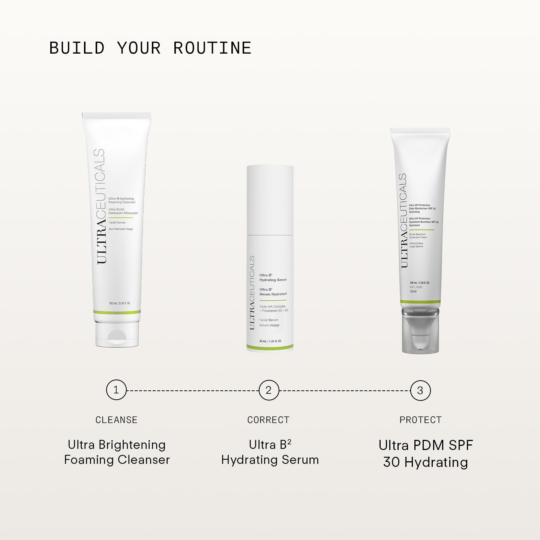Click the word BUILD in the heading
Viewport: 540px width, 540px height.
pyautogui.click(x=77, y=48)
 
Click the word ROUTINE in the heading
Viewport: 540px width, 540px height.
pyautogui.click(x=212, y=48)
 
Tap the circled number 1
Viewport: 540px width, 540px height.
pyautogui.click(x=116, y=390)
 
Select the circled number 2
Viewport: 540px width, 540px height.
pyautogui.click(x=268, y=390)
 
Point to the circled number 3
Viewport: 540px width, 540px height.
pyautogui.click(x=420, y=390)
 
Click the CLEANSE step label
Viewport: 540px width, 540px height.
pyautogui.click(x=116, y=420)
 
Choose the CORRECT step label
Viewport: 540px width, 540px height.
pyautogui.click(x=268, y=420)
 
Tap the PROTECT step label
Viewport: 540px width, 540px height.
pyautogui.click(x=420, y=420)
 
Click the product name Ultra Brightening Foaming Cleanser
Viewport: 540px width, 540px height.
pyautogui.click(x=117, y=452)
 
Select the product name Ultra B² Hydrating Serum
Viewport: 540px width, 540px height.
pyautogui.click(x=270, y=452)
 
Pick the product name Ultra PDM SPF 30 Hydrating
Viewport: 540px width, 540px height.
pyautogui.click(x=426, y=453)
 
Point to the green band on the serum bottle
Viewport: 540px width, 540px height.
pyautogui.click(x=270, y=347)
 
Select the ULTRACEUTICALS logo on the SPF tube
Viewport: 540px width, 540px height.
pyautogui.click(x=403, y=220)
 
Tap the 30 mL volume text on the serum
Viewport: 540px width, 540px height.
pyautogui.click(x=270, y=341)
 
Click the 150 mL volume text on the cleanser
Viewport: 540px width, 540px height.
pyautogui.click(x=120, y=303)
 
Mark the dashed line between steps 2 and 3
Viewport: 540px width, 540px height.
pyautogui.click(x=344, y=390)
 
